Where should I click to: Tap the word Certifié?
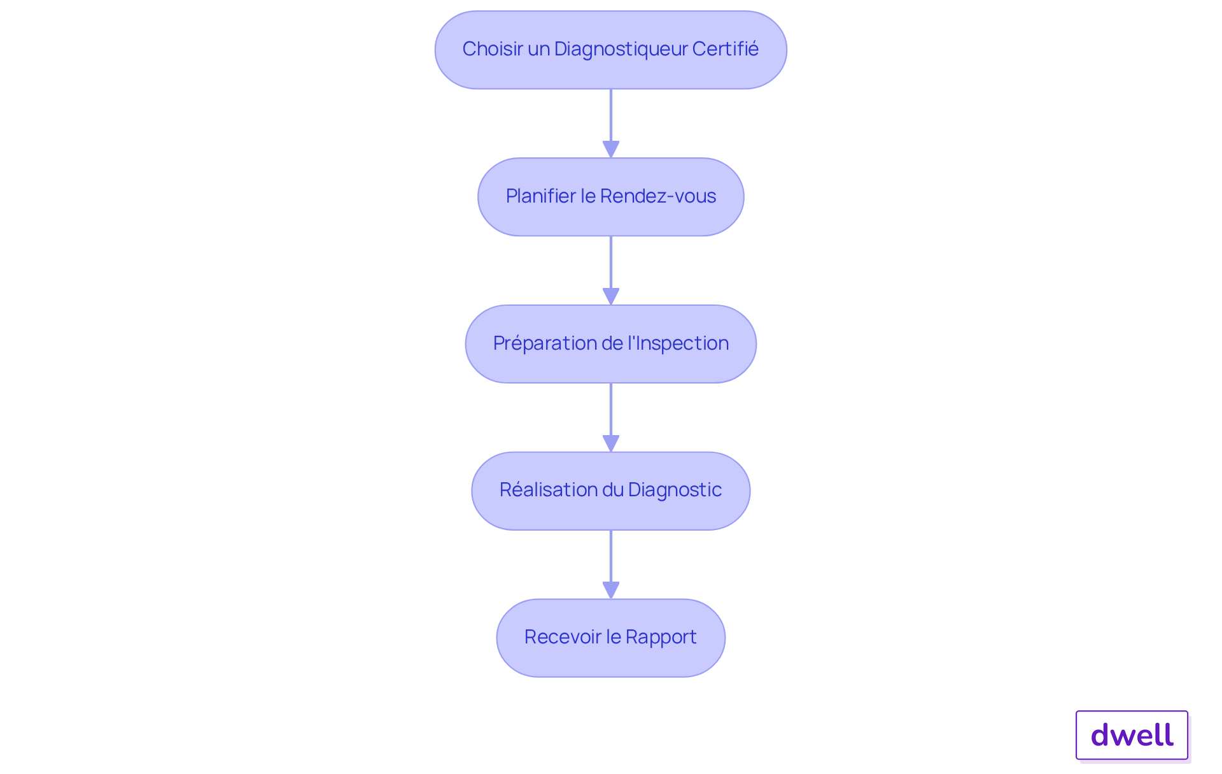click(725, 49)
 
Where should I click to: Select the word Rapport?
click(661, 637)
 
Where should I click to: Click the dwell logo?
click(1132, 735)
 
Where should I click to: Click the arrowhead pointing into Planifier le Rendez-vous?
click(611, 149)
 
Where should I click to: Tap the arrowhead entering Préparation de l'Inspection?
click(611, 296)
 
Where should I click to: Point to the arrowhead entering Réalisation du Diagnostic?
click(611, 443)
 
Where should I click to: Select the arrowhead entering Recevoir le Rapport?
click(611, 590)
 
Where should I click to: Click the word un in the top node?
click(538, 49)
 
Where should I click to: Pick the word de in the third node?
click(611, 343)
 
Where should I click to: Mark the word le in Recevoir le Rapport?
click(613, 637)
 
